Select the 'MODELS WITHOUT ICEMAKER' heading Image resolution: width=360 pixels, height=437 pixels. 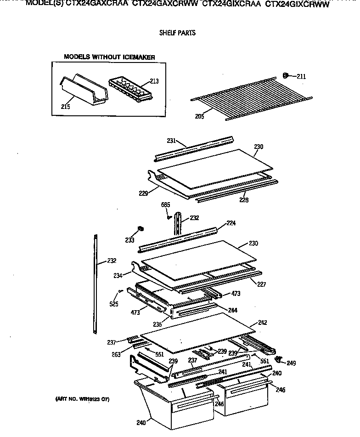coord(109,57)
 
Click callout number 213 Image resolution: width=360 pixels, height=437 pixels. coord(154,81)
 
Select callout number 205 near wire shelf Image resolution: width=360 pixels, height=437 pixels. coord(199,116)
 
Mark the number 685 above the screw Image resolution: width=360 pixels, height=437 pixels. coord(166,204)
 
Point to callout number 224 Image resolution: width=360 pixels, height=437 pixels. coord(231,224)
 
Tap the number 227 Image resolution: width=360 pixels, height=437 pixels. coord(261,284)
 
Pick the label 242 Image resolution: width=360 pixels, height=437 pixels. coord(262,323)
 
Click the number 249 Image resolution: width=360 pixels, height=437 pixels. coord(291,363)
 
